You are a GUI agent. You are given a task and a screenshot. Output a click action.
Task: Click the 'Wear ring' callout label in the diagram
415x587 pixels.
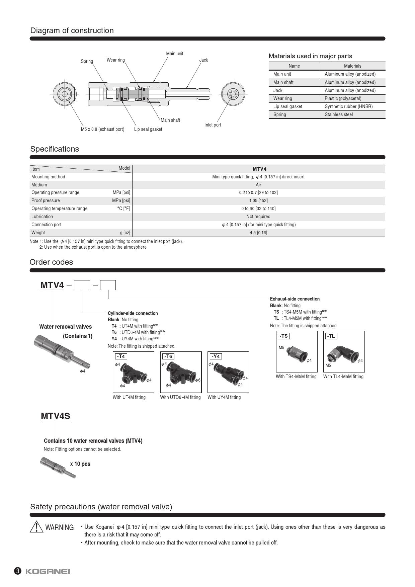tap(115, 60)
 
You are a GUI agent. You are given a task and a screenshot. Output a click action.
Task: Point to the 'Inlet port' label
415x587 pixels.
tap(213, 125)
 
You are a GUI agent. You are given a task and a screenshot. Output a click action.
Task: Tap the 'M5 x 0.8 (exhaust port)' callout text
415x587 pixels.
tap(102, 129)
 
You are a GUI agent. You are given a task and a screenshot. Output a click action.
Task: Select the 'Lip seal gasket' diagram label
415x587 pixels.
tap(148, 129)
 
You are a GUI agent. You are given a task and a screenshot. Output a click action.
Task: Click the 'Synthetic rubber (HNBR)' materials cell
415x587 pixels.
tap(348, 106)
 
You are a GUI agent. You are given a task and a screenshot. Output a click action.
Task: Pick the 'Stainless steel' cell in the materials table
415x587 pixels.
tap(339, 114)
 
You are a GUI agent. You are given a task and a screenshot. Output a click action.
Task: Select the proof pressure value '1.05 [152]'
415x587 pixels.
tap(258, 200)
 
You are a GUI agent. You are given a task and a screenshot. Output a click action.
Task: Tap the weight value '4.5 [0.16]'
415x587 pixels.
tap(258, 233)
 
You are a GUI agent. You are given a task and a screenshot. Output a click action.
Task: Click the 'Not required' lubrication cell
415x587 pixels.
tap(258, 217)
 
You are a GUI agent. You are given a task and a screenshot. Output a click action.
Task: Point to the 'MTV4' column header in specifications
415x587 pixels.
tap(259, 169)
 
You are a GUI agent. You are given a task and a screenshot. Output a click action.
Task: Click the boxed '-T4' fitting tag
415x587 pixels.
tap(121, 356)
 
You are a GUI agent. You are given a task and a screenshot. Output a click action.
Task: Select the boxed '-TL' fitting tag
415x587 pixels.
tap(331, 336)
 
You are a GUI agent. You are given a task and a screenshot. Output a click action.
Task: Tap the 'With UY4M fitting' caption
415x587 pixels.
tap(224, 397)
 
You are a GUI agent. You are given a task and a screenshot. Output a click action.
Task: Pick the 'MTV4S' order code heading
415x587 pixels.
tap(56, 416)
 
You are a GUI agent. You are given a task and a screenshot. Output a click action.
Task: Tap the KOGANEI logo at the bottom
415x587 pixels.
tap(48, 571)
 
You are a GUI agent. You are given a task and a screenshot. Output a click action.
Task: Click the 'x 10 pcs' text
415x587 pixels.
tap(80, 464)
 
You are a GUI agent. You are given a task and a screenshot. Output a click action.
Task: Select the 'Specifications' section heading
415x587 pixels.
tap(55, 149)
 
